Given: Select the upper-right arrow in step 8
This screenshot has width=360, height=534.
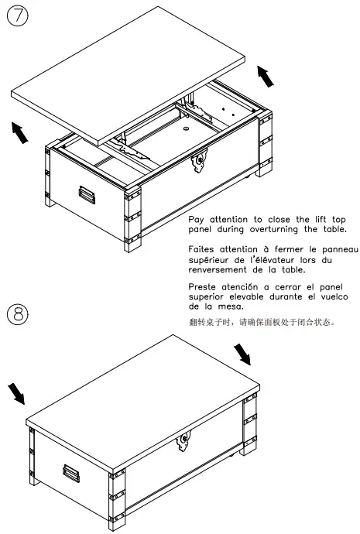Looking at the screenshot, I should (x=242, y=354).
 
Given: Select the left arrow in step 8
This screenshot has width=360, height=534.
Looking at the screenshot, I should (x=15, y=393).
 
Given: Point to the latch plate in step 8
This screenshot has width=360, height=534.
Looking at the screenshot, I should (x=184, y=442).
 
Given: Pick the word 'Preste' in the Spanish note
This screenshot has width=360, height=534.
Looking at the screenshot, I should (x=205, y=286).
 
